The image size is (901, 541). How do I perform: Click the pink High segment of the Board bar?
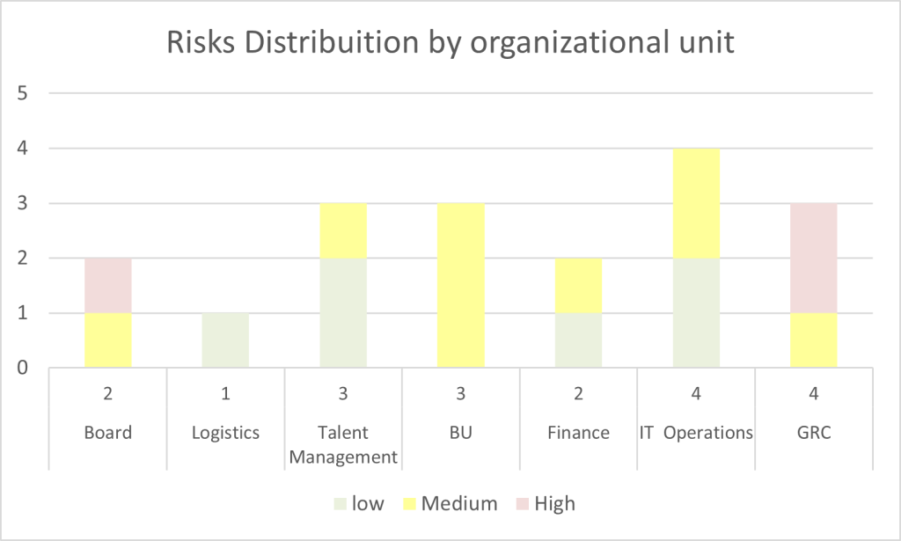pos(108,285)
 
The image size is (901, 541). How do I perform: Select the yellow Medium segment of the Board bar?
pos(108,340)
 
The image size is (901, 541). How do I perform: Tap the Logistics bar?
pos(226,340)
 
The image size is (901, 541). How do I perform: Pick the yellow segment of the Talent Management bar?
pos(344,230)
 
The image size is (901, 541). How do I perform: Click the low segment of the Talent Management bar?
pos(344,312)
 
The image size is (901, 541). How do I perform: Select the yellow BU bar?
pos(461,285)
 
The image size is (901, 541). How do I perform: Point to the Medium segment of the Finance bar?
pos(579,285)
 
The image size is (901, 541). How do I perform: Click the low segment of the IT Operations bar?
pos(697,312)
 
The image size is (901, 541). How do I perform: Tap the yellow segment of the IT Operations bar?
pos(697,203)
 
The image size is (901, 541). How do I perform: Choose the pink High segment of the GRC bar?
pos(814,258)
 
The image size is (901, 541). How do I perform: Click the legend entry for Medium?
pos(450,503)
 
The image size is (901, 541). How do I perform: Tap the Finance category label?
pos(579,432)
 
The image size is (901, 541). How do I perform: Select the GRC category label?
pos(814,432)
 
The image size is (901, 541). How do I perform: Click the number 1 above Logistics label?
pos(226,394)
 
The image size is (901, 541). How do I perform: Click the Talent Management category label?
pos(344,444)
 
